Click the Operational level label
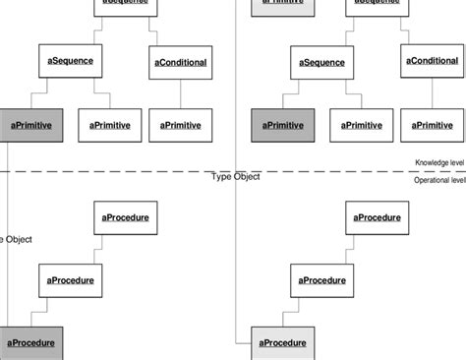click(x=438, y=181)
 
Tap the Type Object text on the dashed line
click(x=236, y=177)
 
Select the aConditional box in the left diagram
click(x=181, y=63)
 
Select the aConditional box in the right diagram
click(x=433, y=61)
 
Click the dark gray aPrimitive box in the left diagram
click(x=31, y=125)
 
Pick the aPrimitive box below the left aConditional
click(x=181, y=125)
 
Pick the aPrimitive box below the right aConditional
click(x=433, y=125)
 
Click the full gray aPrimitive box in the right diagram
click(x=284, y=125)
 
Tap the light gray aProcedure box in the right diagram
click(x=284, y=342)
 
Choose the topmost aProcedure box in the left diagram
click(x=126, y=217)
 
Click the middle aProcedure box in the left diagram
click(x=71, y=280)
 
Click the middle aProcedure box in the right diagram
click(x=323, y=280)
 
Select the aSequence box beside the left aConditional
click(x=70, y=61)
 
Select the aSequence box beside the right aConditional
click(x=322, y=62)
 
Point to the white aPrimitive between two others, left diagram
click(x=110, y=125)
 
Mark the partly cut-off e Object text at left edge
click(x=17, y=239)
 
